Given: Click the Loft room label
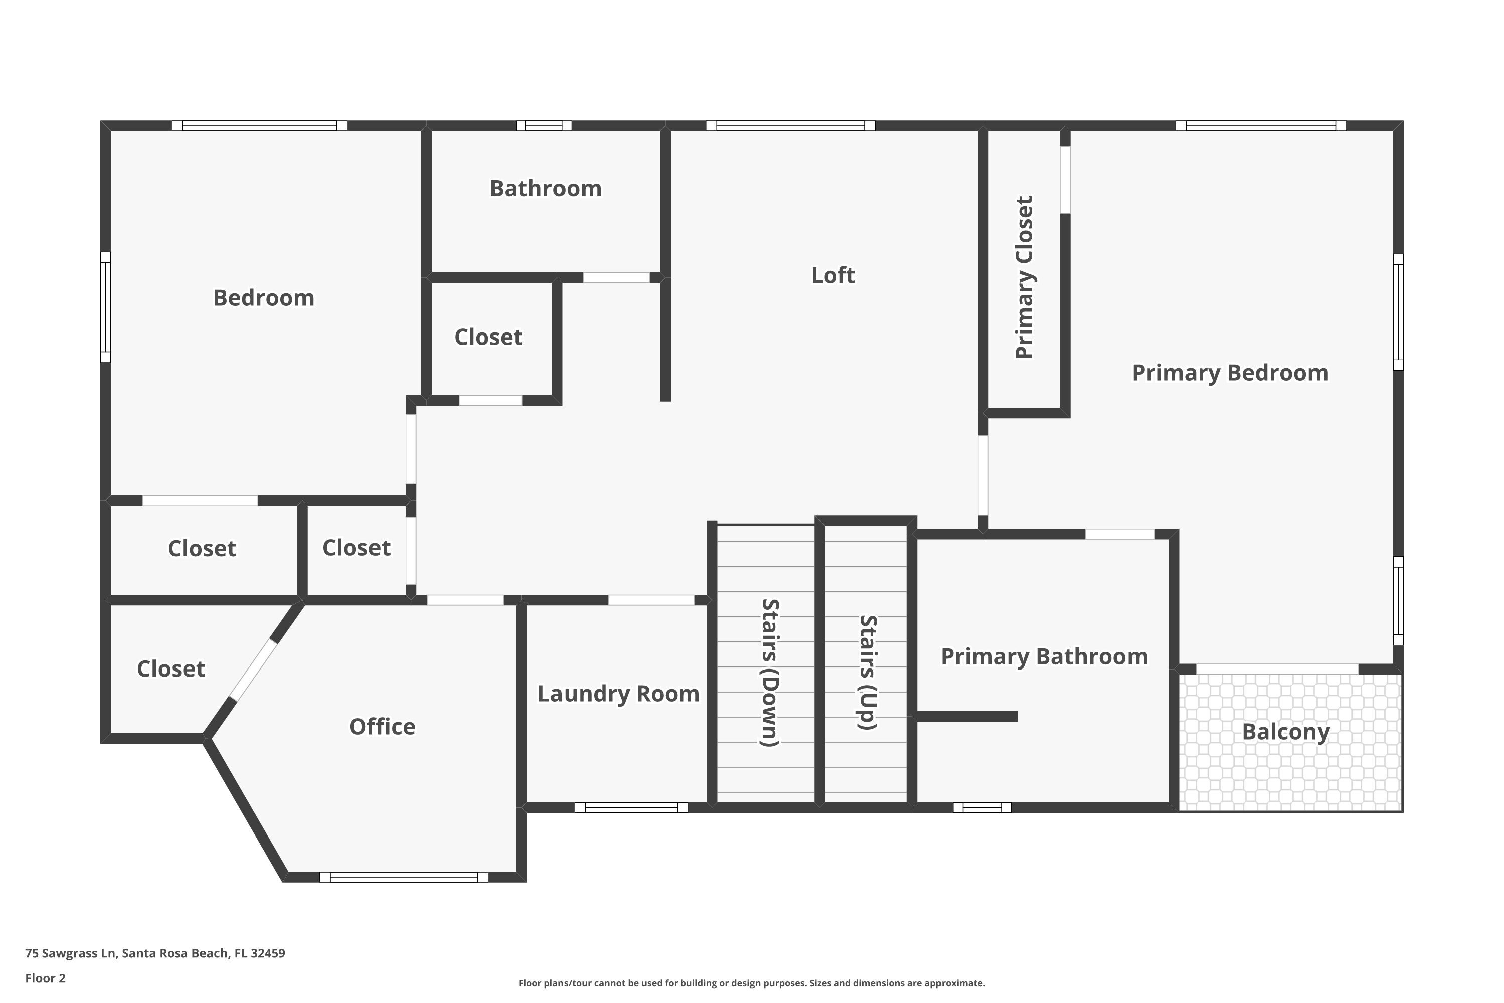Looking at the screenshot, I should click(x=833, y=276).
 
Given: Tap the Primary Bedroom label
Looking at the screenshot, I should click(x=1229, y=373).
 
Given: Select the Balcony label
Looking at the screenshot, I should click(x=1285, y=732).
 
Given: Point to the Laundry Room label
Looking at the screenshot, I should click(x=618, y=694).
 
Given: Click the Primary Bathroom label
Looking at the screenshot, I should click(x=1044, y=657).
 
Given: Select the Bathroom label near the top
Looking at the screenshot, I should click(x=545, y=189).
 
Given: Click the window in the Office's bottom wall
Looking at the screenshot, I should click(x=404, y=877).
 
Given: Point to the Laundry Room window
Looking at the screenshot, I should click(x=631, y=808).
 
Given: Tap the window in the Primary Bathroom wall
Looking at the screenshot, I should click(x=982, y=808).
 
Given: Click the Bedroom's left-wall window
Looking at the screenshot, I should click(x=105, y=307).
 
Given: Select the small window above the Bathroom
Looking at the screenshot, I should click(x=543, y=125).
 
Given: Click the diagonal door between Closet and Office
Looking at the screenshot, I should click(x=253, y=671).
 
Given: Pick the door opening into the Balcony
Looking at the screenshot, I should click(x=1277, y=669).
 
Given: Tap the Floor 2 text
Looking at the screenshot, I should click(x=46, y=978).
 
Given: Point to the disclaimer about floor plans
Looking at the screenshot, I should click(x=751, y=983).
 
